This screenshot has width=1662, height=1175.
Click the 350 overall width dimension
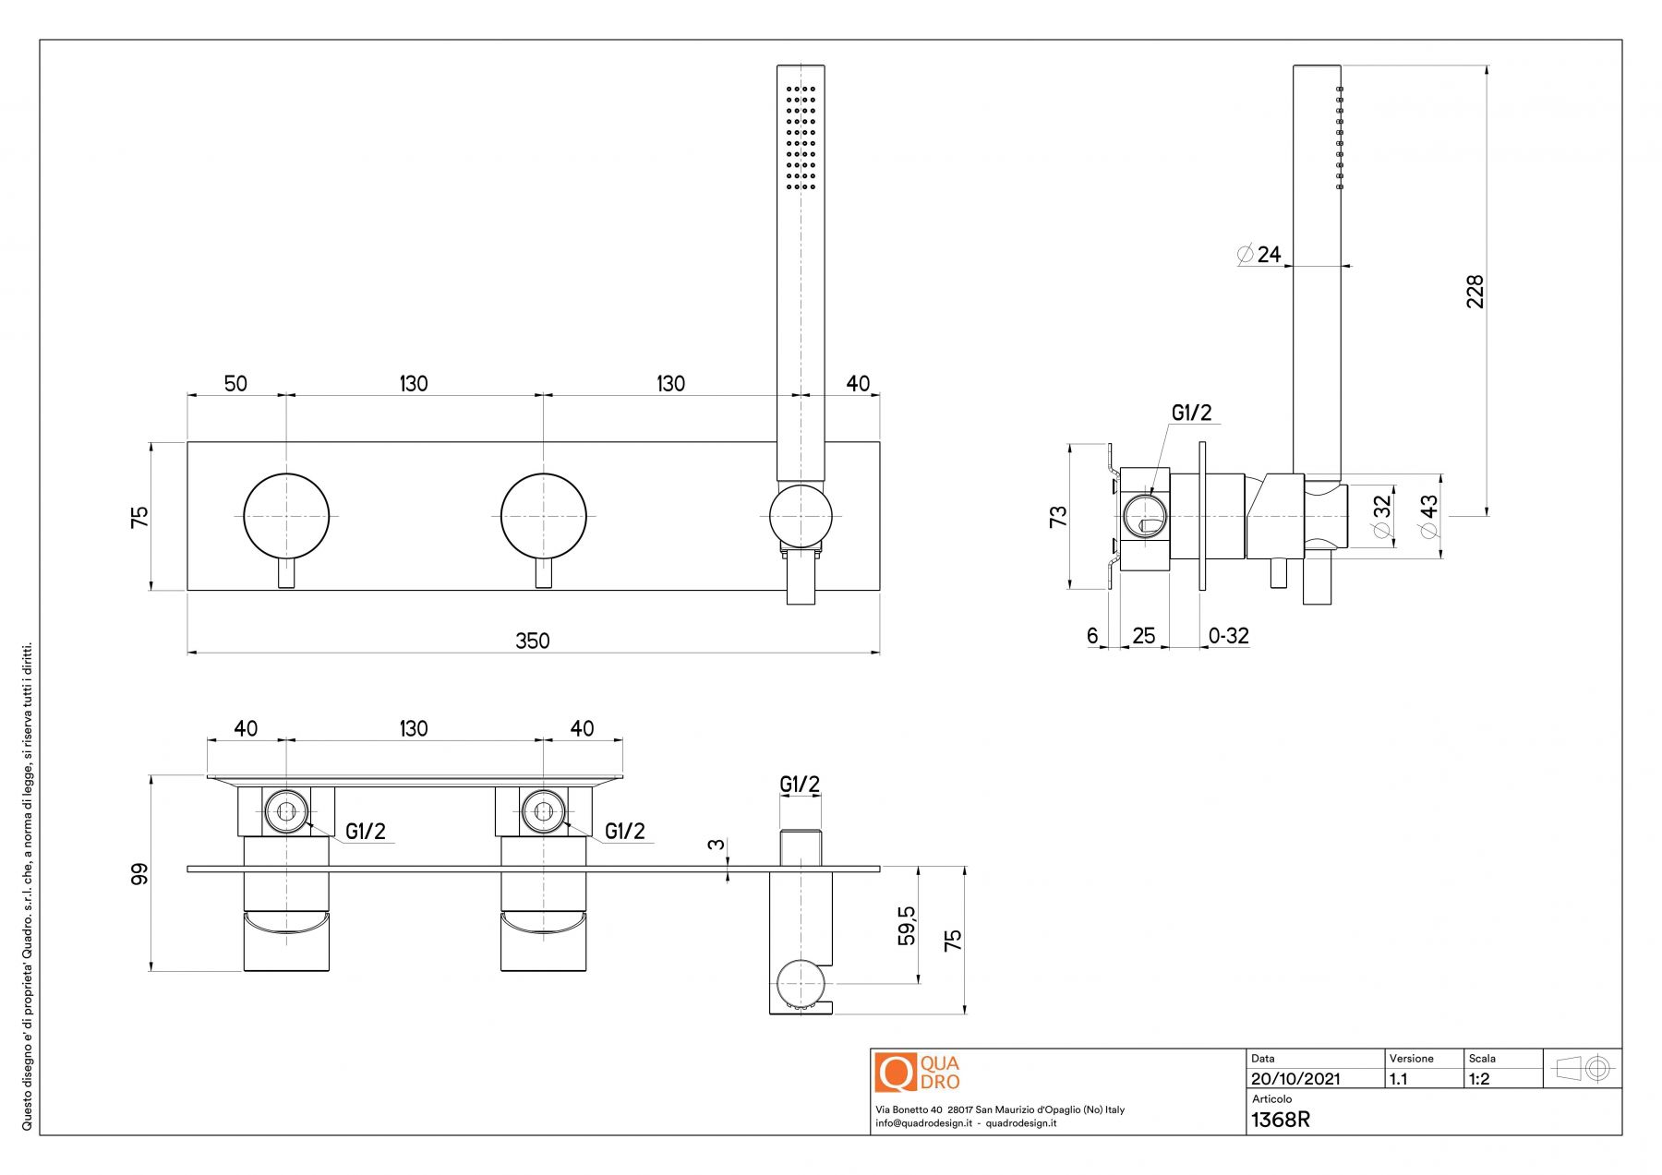pos(533,641)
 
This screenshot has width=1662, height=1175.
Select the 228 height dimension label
pos(1475,291)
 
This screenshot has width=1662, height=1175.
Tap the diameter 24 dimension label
pos(1259,254)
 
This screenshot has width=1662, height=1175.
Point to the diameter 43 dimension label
pos(1428,516)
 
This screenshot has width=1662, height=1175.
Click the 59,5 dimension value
pos(908,925)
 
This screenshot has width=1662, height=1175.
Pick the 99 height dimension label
pos(139,873)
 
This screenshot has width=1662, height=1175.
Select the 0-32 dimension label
pos(1228,636)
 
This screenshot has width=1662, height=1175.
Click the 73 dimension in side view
pos(1058,516)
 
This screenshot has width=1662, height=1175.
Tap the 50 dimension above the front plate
pos(235,383)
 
